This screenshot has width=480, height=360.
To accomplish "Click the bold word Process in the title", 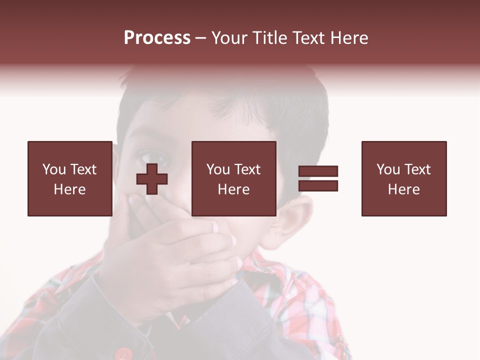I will pyautogui.click(x=157, y=38).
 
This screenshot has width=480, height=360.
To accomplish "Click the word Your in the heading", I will pyautogui.click(x=231, y=38).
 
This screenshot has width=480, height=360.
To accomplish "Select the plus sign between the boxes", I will pyautogui.click(x=152, y=179).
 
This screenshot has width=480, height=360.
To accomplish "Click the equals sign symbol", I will pyautogui.click(x=318, y=178).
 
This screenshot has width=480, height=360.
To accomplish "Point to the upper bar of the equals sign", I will pyautogui.click(x=318, y=171).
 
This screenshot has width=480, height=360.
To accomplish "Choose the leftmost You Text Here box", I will pyautogui.click(x=70, y=178).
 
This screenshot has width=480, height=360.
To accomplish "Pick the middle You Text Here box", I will pyautogui.click(x=234, y=178).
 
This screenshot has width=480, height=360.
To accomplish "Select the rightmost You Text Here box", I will pyautogui.click(x=404, y=178).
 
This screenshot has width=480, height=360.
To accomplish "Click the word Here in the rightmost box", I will pyautogui.click(x=404, y=189).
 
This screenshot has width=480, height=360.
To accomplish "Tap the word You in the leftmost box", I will pyautogui.click(x=54, y=169).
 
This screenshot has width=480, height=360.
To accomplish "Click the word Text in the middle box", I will pyautogui.click(x=247, y=169).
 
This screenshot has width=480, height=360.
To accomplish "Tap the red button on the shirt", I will pyautogui.click(x=121, y=354).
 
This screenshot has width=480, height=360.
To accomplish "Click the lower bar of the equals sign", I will pyautogui.click(x=318, y=186).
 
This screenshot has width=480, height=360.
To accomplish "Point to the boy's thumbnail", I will pyautogui.click(x=216, y=227).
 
